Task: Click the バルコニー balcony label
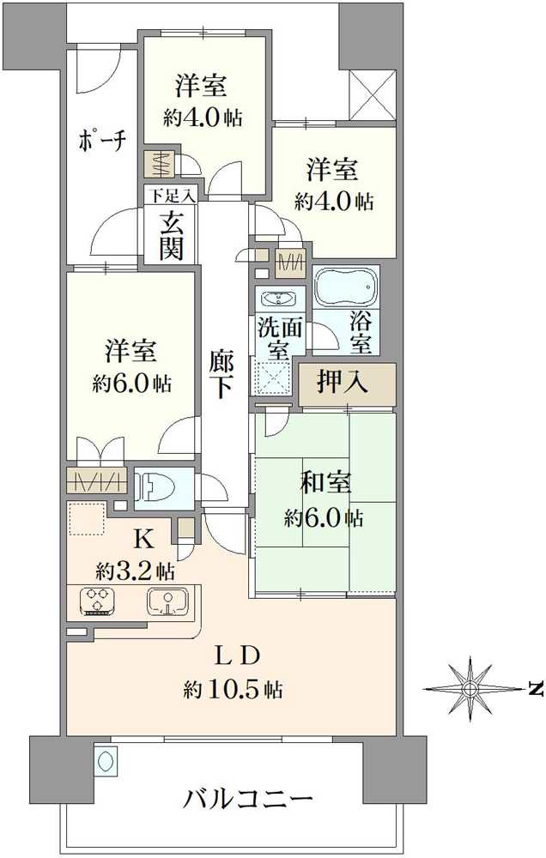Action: (x=248, y=800)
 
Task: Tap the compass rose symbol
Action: (x=470, y=688)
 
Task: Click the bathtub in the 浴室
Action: (x=345, y=287)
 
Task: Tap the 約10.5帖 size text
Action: (x=233, y=688)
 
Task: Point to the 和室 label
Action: (x=325, y=483)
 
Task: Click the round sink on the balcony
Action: (x=106, y=760)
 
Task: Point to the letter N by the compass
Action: (x=537, y=688)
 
